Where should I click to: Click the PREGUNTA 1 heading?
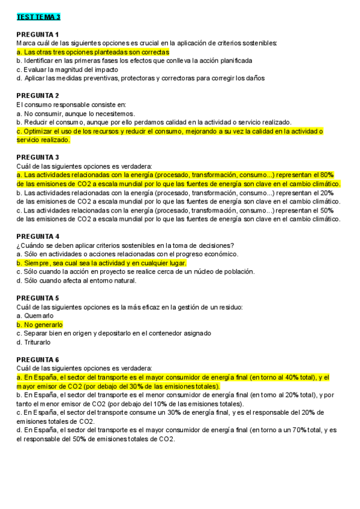[38, 34]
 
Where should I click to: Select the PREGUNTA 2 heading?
[38, 95]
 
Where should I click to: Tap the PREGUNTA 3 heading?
[38, 157]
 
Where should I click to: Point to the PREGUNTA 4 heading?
[38, 236]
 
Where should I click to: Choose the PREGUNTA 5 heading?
[38, 298]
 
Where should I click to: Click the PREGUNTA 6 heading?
[38, 359]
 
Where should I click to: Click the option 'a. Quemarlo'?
[35, 315]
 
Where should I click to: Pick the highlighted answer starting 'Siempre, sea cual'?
[102, 263]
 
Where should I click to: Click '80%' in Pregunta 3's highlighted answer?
[326, 175]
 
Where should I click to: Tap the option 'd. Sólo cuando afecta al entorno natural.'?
[77, 280]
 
